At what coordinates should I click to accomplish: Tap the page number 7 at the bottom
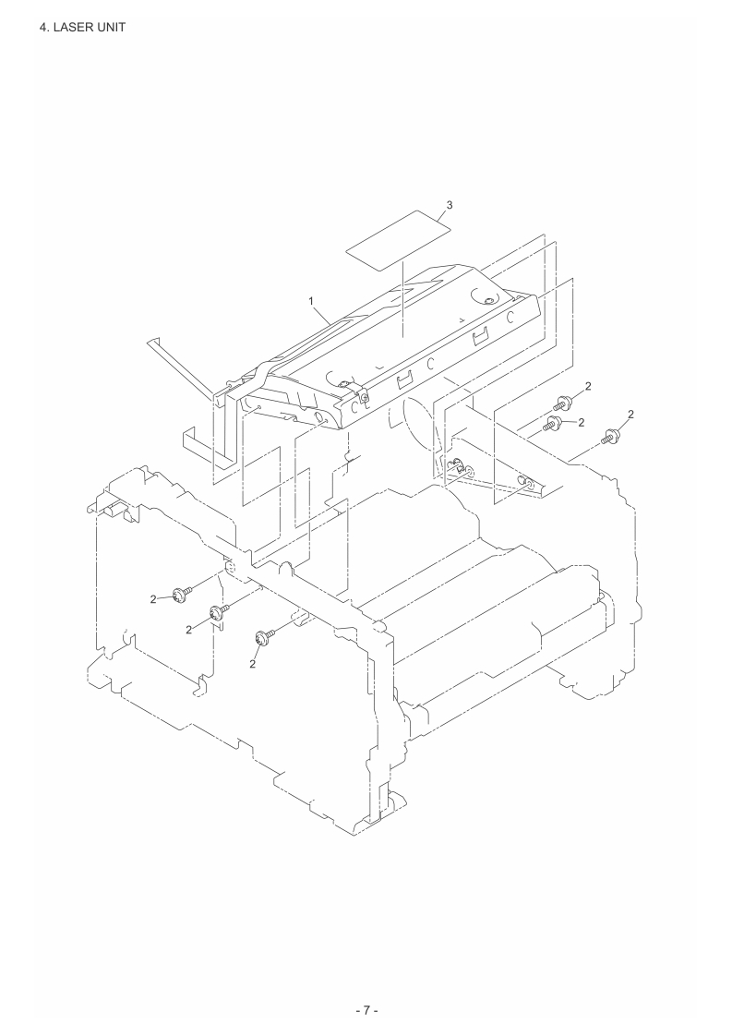366,1010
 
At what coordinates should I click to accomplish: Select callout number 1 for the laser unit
311,301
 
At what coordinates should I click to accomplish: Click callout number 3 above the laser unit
450,205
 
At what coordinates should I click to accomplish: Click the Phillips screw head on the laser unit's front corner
364,398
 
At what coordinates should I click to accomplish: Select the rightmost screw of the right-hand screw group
608,436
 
